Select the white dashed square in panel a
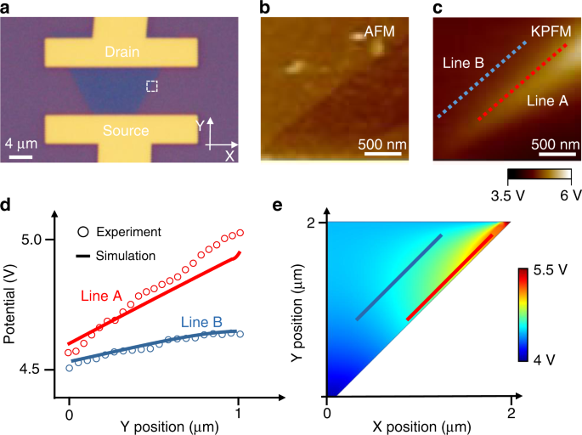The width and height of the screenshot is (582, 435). click(x=152, y=86)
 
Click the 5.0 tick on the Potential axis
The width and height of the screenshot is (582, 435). click(x=37, y=240)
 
